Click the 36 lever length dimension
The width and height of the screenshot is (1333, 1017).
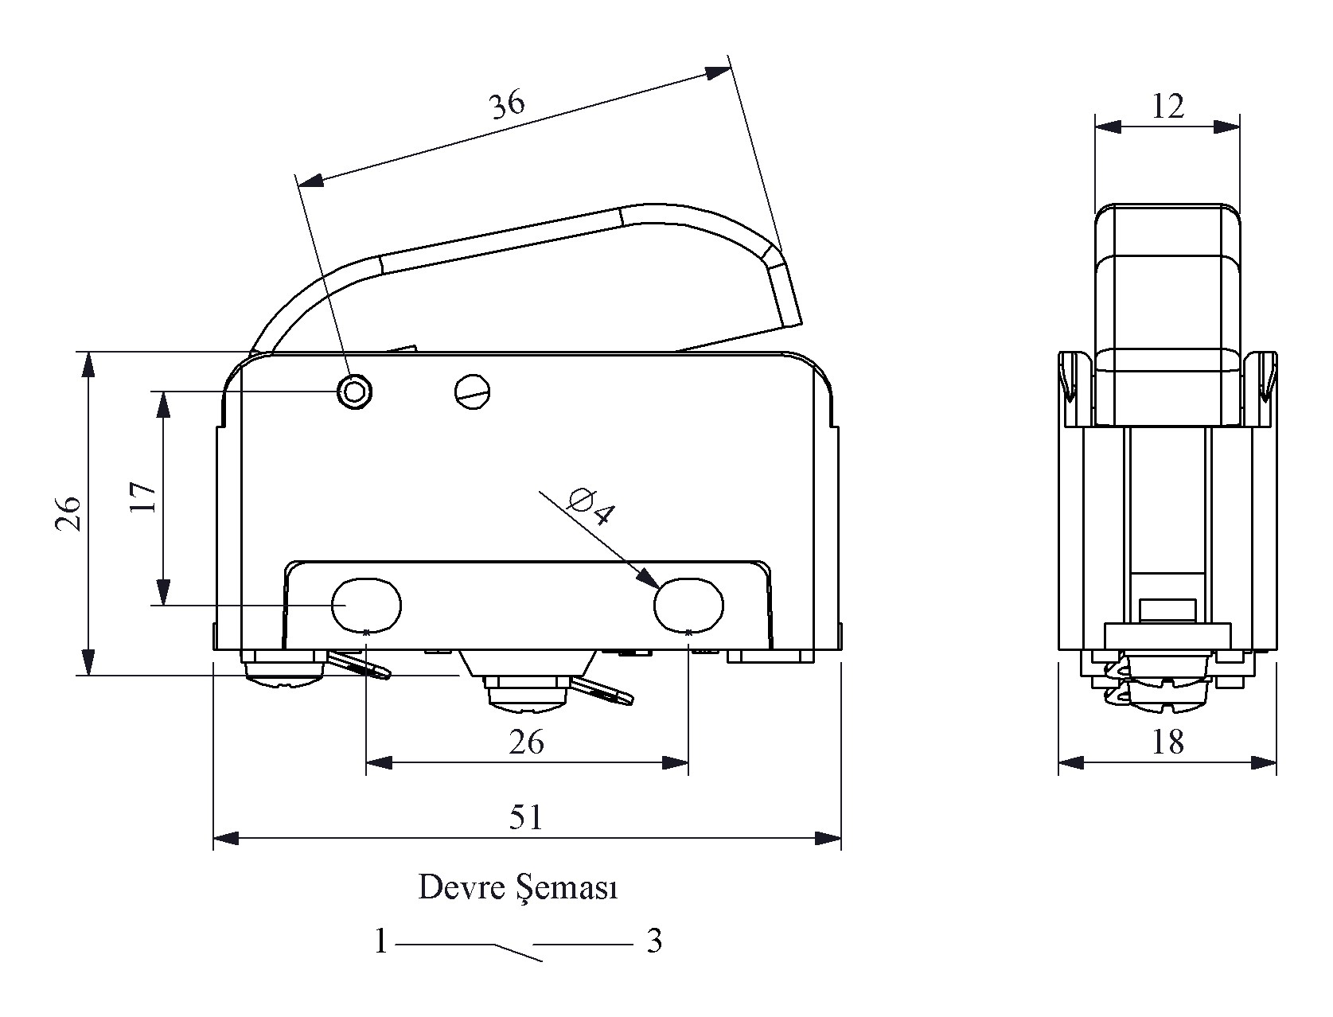pyautogui.click(x=508, y=105)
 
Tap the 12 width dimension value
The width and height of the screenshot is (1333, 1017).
pyautogui.click(x=1167, y=107)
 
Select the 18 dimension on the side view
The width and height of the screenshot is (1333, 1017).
pyautogui.click(x=1167, y=742)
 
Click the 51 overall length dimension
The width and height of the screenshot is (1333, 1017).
pyautogui.click(x=526, y=818)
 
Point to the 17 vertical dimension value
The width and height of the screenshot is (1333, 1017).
pyautogui.click(x=144, y=498)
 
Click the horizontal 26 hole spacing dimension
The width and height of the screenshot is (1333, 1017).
pyautogui.click(x=526, y=742)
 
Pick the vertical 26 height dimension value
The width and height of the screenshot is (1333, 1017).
pyautogui.click(x=68, y=513)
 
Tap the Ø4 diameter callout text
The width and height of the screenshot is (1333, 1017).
pyautogui.click(x=593, y=504)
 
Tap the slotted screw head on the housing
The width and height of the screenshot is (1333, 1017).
pyautogui.click(x=473, y=391)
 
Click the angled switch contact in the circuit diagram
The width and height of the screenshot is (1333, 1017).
pyautogui.click(x=518, y=953)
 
